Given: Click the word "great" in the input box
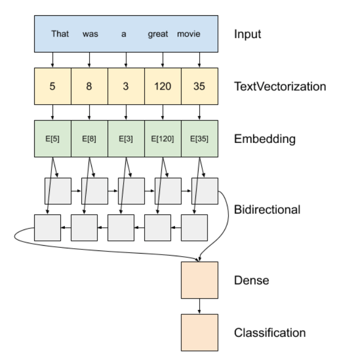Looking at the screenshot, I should (158, 34).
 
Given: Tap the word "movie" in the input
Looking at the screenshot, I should (189, 34).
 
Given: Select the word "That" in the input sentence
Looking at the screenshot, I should (60, 34).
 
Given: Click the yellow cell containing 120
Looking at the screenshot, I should (162, 86).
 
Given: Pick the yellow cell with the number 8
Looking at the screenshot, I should (89, 86).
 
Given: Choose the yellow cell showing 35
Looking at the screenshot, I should (199, 86).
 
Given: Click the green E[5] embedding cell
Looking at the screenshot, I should (52, 139).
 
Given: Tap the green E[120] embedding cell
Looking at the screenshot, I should (162, 139).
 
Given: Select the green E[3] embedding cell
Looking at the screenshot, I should (126, 139).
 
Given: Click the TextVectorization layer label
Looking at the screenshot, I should (280, 86).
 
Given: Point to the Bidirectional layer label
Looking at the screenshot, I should (267, 210).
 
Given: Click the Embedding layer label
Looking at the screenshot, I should (265, 139).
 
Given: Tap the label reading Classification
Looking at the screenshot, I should (270, 333).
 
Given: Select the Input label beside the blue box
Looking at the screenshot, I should (247, 35).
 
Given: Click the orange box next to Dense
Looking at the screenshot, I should (199, 280).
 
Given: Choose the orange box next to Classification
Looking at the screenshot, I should (199, 333).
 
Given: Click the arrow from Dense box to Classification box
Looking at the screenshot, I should (199, 306).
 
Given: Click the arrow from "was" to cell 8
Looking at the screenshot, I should (89, 60).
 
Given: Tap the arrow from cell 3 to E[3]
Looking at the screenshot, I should (126, 113).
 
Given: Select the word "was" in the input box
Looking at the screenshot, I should (91, 34).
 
